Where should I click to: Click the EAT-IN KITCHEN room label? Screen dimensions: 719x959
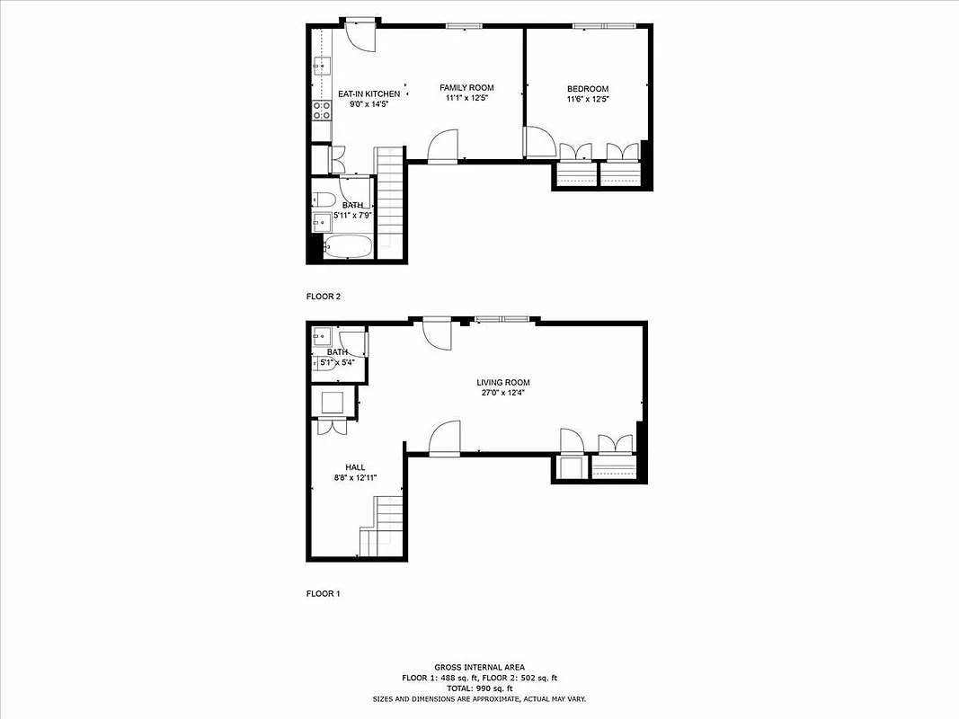point(369,93)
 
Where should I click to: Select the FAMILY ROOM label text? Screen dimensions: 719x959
point(466,87)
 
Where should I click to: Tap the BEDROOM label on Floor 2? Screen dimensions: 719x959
point(588,88)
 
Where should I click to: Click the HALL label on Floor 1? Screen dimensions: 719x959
point(355,467)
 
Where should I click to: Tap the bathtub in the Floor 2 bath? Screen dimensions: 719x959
point(347,246)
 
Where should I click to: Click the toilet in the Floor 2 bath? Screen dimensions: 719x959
point(324,200)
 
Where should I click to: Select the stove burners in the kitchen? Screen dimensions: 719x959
point(322,110)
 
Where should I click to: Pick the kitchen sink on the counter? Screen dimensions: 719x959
point(322,65)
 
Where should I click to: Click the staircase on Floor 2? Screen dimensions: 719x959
point(389,202)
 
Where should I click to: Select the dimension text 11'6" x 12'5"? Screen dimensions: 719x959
point(588,99)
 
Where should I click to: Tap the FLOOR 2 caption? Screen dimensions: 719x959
point(324,296)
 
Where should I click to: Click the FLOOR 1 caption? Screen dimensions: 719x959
point(324,593)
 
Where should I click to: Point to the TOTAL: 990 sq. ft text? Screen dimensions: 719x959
point(479,688)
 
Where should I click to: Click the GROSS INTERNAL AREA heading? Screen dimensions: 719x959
point(479,668)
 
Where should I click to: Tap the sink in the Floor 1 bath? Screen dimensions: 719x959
point(322,338)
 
